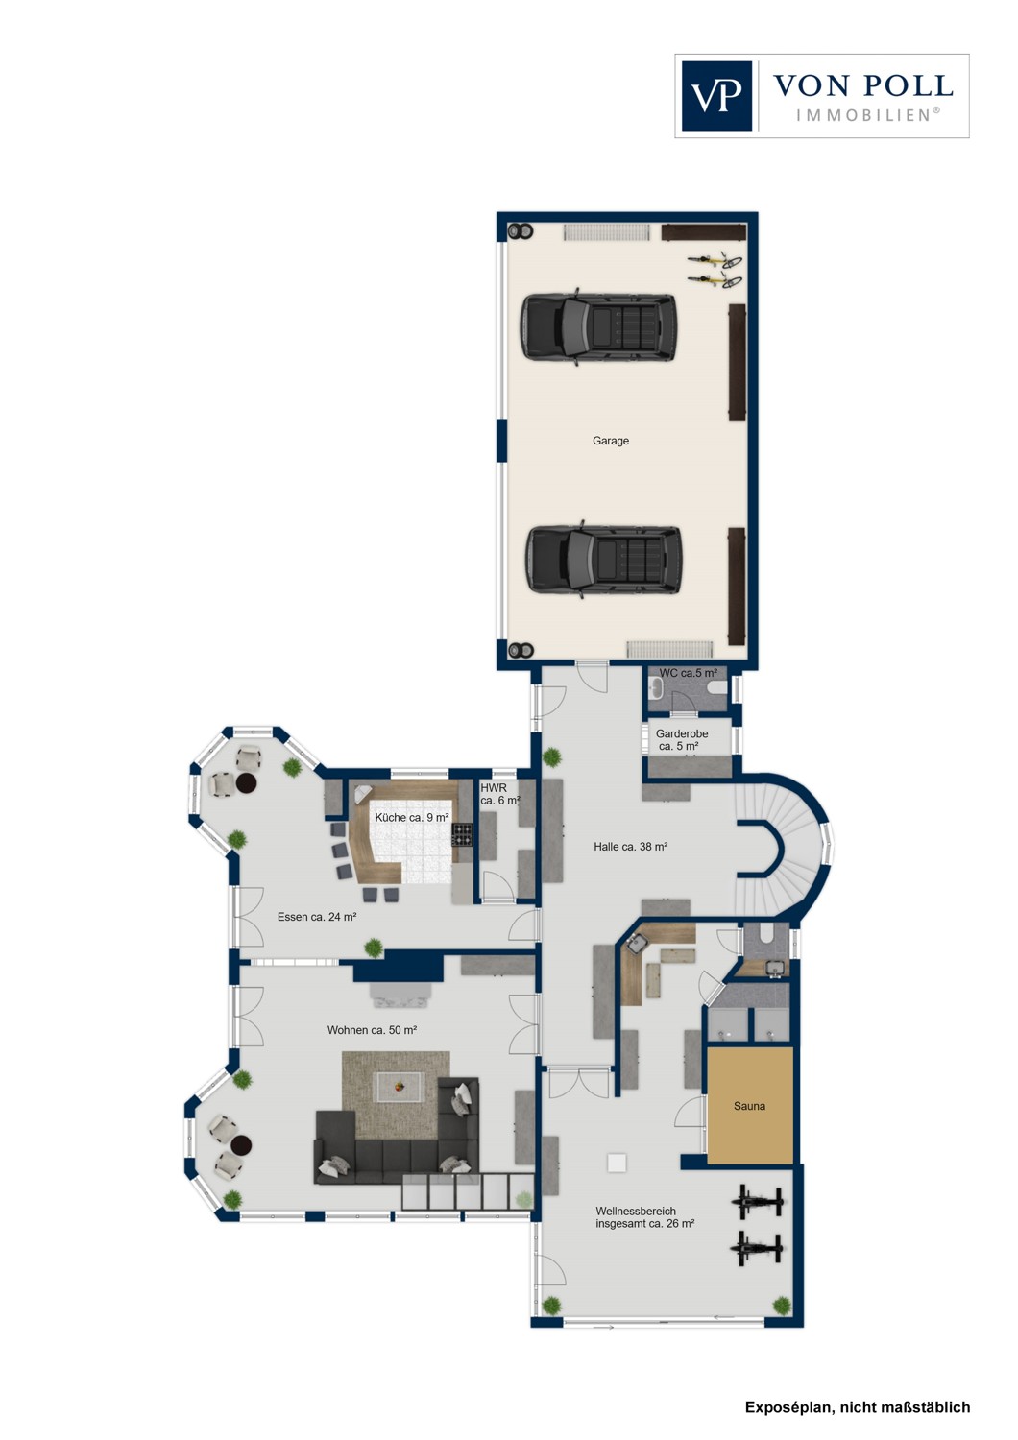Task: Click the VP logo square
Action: click(716, 96)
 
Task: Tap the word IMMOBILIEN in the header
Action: click(863, 115)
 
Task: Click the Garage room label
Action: click(611, 442)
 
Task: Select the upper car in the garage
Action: click(597, 326)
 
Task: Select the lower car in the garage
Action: click(603, 560)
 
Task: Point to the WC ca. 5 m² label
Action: click(688, 674)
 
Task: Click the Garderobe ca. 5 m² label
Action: click(681, 740)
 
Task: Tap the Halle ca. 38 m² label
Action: click(630, 847)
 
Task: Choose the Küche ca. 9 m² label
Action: click(411, 818)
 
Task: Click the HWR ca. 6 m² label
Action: click(498, 795)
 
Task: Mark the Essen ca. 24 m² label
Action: click(317, 918)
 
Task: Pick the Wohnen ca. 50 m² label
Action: click(372, 1031)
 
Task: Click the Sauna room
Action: click(750, 1106)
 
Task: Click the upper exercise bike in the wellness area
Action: click(758, 1201)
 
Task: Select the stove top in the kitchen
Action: click(462, 834)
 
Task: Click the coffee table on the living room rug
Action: click(400, 1087)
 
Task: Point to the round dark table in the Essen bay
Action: click(247, 783)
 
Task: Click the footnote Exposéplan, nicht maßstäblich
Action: click(857, 1407)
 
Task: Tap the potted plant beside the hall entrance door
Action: click(552, 757)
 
